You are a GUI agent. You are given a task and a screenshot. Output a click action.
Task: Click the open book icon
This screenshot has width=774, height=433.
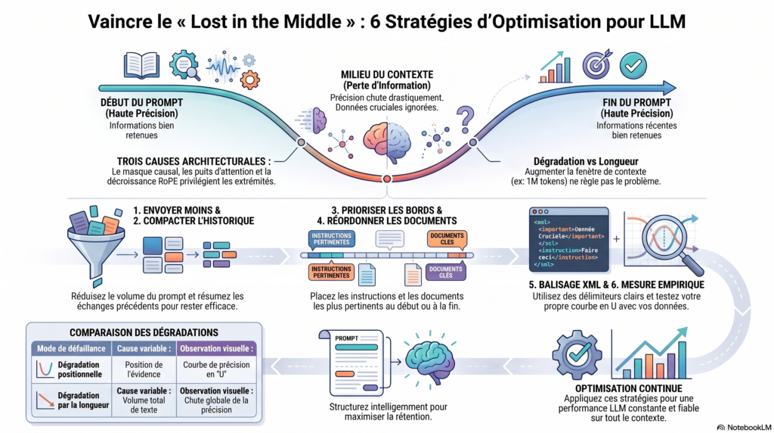click(x=141, y=65)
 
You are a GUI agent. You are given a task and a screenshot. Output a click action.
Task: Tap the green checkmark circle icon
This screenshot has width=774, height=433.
click(x=633, y=65)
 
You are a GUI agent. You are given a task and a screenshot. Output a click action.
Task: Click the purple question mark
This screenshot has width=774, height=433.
click(x=465, y=120)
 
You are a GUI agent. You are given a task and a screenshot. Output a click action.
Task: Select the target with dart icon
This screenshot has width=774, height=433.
click(x=597, y=64)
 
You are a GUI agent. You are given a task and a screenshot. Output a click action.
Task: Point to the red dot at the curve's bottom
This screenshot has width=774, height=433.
click(x=387, y=179)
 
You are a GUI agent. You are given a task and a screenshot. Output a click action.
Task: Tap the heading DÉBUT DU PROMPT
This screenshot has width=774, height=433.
click(x=141, y=103)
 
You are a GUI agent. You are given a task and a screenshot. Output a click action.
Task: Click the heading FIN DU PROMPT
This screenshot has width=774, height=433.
click(x=636, y=103)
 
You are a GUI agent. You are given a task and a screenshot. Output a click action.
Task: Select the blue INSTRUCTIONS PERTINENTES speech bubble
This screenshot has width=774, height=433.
click(x=331, y=240)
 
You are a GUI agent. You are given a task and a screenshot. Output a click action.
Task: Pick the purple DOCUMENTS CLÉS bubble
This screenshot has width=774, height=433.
click(x=446, y=273)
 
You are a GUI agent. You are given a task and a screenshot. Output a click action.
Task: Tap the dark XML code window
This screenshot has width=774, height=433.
click(x=568, y=240)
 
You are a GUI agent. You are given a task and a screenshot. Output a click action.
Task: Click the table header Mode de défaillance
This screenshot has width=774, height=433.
click(x=71, y=348)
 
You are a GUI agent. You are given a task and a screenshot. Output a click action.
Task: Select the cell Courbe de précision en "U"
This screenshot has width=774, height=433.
click(x=216, y=369)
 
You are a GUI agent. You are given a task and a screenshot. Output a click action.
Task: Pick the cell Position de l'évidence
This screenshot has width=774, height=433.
click(x=144, y=369)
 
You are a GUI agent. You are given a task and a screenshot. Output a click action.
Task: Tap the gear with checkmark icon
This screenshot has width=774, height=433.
click(x=577, y=354)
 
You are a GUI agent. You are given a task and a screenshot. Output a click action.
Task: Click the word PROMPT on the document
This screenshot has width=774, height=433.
click(x=346, y=338)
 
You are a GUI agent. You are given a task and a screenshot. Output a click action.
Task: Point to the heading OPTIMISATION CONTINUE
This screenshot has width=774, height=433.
click(x=628, y=388)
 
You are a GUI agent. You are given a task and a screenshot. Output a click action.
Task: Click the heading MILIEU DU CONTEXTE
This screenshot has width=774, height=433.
click(x=387, y=75)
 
